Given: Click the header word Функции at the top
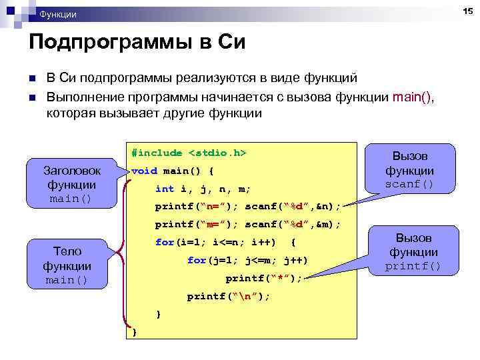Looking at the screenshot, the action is [58, 14].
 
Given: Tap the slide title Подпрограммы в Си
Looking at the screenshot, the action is [137, 43].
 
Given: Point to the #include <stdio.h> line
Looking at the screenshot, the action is [189, 153].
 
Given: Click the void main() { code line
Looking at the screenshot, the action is [173, 171].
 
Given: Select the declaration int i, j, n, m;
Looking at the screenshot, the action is [203, 189].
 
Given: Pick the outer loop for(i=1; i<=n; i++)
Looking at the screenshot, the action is [215, 242].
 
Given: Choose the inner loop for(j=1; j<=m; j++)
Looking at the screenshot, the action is [247, 260].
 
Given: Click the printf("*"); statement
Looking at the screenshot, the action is [263, 278].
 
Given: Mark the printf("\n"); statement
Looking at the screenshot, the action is [229, 296].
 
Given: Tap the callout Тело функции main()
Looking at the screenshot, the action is [67, 265].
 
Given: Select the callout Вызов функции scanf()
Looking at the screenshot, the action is [409, 170].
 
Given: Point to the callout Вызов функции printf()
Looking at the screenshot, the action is [413, 252].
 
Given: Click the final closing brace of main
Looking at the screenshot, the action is [135, 331].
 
